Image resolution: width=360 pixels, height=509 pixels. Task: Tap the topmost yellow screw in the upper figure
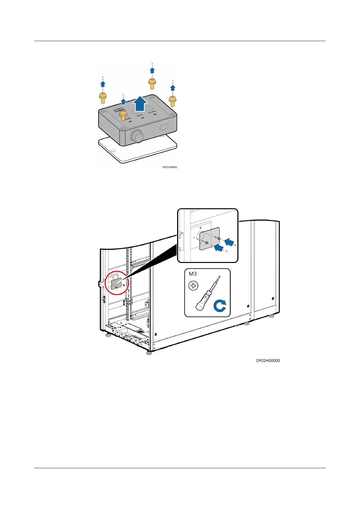pyautogui.click(x=152, y=83)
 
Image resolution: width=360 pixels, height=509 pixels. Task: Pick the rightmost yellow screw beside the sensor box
pyautogui.click(x=173, y=101)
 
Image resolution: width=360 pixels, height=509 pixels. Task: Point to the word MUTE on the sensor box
pyautogui.click(x=140, y=115)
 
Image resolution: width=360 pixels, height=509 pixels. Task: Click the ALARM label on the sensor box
pyautogui.click(x=152, y=112)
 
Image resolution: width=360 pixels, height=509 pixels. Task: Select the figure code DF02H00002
pyautogui.click(x=170, y=167)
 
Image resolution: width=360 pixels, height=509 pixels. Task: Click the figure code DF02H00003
pyautogui.click(x=268, y=361)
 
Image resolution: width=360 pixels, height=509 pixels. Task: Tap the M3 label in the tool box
pyautogui.click(x=193, y=274)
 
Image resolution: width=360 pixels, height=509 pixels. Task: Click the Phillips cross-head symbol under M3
pyautogui.click(x=193, y=286)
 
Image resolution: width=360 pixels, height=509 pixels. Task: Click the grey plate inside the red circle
pyautogui.click(x=116, y=284)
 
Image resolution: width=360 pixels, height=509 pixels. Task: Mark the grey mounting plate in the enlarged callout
pyautogui.click(x=209, y=239)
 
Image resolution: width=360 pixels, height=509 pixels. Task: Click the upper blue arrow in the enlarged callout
pyautogui.click(x=229, y=242)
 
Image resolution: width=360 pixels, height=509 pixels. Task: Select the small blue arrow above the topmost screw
pyautogui.click(x=152, y=70)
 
